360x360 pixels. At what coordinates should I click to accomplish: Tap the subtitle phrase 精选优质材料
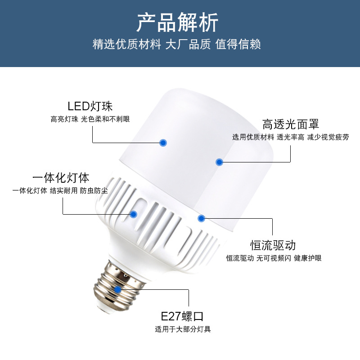pyautogui.click(x=126, y=45)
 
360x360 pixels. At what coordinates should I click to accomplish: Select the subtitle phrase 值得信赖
pyautogui.click(x=238, y=45)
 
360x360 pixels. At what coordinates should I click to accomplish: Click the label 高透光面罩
pyautogui.click(x=291, y=124)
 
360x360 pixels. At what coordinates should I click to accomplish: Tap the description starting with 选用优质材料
pyautogui.click(x=290, y=137)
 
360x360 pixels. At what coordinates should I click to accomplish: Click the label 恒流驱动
pyautogui.click(x=273, y=245)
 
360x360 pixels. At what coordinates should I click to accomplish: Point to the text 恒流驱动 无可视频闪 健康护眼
pyautogui.click(x=274, y=258)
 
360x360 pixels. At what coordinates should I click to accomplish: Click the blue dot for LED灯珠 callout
pyautogui.click(x=163, y=143)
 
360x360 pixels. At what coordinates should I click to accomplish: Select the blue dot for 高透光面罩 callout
pyautogui.click(x=219, y=162)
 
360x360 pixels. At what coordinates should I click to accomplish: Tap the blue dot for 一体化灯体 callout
pyautogui.click(x=133, y=214)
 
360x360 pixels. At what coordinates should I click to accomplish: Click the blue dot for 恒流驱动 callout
pyautogui.click(x=201, y=218)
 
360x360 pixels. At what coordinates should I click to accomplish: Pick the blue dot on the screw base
pyautogui.click(x=117, y=290)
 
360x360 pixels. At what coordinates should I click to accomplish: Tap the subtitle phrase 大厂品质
pyautogui.click(x=188, y=45)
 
